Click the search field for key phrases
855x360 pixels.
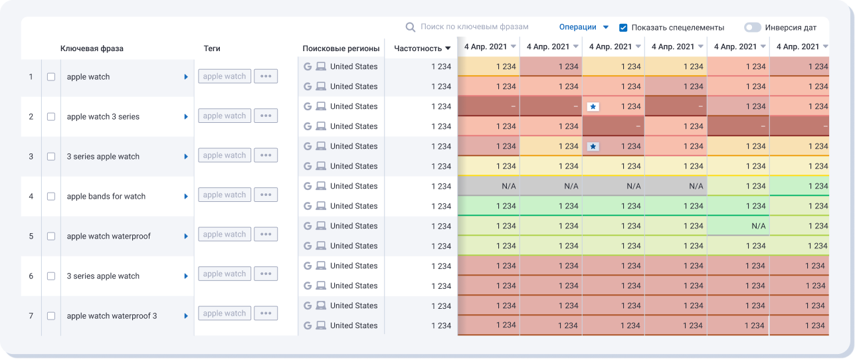[474, 27]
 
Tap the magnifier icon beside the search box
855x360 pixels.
[411, 27]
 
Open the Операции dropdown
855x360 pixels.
[584, 27]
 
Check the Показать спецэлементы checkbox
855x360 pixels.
[623, 28]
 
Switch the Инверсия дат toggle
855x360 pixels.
[752, 28]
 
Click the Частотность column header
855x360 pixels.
[422, 48]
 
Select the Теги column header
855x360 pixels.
[212, 48]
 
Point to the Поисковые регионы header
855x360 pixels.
[341, 48]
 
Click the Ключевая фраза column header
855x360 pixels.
[92, 48]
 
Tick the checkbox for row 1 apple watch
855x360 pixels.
[51, 77]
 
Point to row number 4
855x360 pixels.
[31, 197]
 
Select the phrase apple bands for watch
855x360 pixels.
[106, 197]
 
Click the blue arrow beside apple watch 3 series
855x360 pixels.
[186, 117]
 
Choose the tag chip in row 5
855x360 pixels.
[225, 234]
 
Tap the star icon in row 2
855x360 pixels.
[593, 106]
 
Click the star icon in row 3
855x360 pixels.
[593, 146]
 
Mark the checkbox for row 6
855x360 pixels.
[51, 276]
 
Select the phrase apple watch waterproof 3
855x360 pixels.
[112, 316]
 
